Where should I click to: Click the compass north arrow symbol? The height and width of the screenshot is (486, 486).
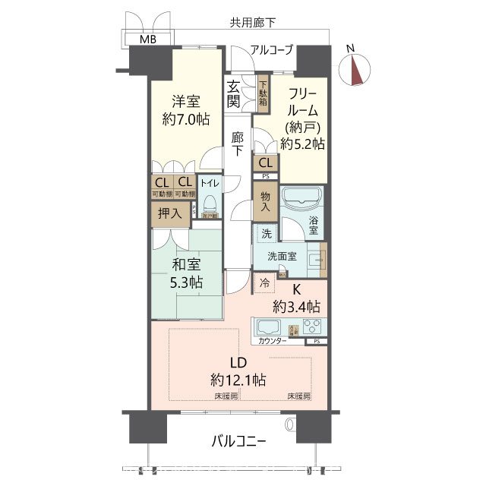tap(355, 68)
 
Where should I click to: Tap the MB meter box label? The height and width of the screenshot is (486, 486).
tap(148, 39)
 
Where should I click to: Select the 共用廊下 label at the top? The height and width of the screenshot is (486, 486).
tap(254, 23)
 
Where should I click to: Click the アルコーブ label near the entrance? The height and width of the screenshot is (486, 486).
tap(271, 51)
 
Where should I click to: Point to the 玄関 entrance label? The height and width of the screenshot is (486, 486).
tap(234, 93)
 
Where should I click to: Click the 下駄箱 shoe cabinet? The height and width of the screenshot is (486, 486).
tap(263, 93)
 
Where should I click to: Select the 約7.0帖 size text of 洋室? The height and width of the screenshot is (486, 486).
tap(185, 119)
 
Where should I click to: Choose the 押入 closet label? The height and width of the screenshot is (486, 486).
tap(169, 214)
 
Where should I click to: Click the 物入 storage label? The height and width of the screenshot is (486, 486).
tap(266, 201)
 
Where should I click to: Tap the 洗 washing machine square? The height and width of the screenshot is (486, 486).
tap(266, 235)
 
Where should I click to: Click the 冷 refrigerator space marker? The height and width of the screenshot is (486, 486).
tap(264, 283)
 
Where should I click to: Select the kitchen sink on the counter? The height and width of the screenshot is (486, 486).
tap(269, 328)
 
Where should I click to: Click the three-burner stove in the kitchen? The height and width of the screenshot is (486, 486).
tap(312, 327)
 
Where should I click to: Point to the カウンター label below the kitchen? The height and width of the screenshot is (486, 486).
tap(273, 342)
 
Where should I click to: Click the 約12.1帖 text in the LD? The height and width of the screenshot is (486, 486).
tap(240, 378)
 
